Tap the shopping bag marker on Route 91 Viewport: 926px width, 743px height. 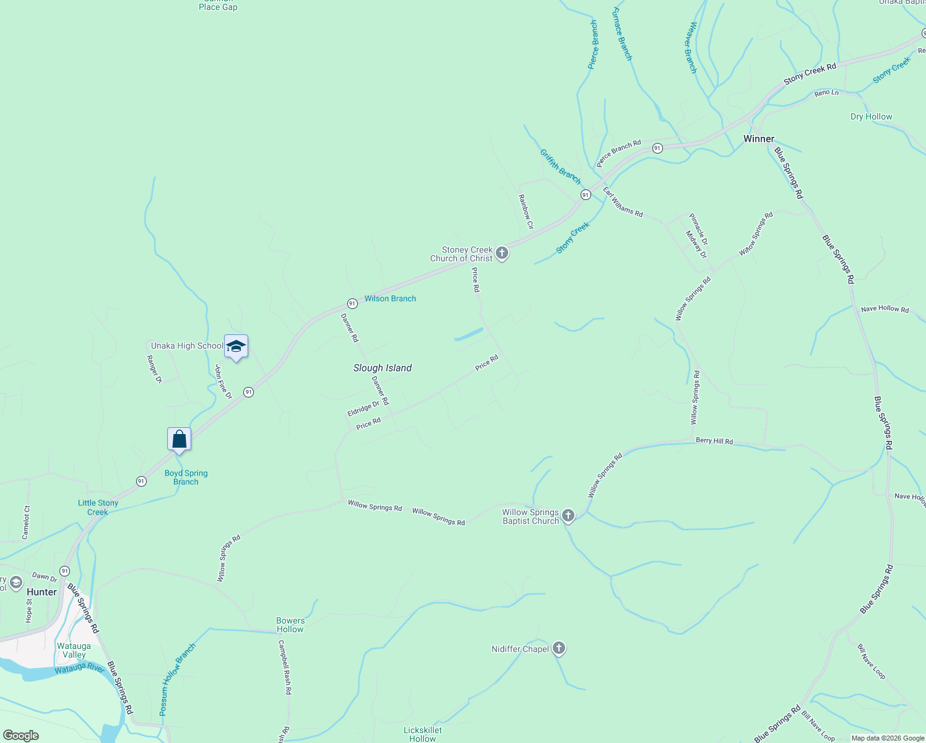(179, 440)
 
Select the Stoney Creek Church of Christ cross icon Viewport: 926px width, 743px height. (502, 253)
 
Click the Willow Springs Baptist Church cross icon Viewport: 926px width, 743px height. (568, 516)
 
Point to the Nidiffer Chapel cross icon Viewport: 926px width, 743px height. (559, 648)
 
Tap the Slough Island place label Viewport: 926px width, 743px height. (383, 368)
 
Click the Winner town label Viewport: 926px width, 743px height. (759, 139)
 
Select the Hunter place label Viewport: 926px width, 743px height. (41, 592)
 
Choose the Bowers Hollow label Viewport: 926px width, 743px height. (290, 625)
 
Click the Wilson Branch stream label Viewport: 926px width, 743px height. (390, 298)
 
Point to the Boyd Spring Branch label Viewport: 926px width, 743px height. (186, 477)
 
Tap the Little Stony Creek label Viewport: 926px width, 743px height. (98, 507)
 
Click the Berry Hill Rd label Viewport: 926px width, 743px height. (714, 441)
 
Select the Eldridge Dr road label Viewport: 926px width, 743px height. (363, 408)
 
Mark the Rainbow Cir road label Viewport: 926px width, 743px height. (526, 211)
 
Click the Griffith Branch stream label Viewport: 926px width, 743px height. (560, 167)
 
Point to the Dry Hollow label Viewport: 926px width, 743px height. (871, 116)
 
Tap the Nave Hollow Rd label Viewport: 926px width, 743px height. (885, 309)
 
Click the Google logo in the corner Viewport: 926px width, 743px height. (20, 735)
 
